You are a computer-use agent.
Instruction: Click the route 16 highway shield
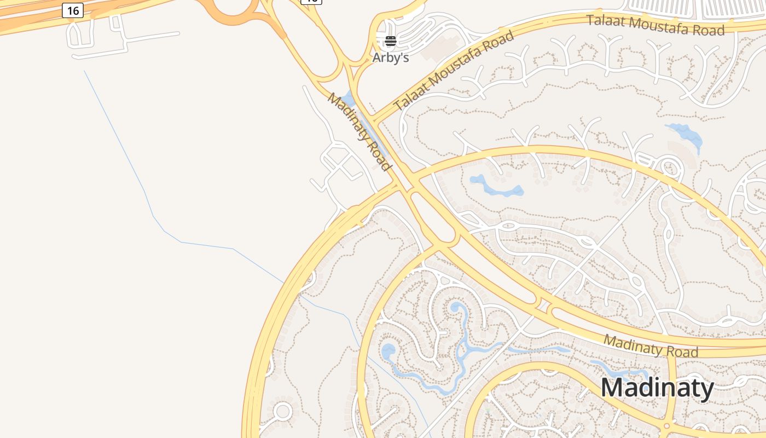coord(73,10)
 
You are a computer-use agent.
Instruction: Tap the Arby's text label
coord(391,57)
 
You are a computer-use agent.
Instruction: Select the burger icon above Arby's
coord(391,41)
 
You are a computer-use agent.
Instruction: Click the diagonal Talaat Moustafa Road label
coord(455,70)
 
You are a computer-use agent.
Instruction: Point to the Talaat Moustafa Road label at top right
coord(655,25)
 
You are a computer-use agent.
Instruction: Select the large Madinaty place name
coord(657,388)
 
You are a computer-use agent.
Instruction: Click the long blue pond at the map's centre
coord(495,187)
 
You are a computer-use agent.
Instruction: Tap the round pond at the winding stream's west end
coord(388,351)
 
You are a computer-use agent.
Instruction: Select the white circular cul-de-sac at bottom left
coord(283,411)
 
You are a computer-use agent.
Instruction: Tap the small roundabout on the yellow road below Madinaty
coord(665,425)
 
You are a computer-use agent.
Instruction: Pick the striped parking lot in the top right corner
coord(700,8)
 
